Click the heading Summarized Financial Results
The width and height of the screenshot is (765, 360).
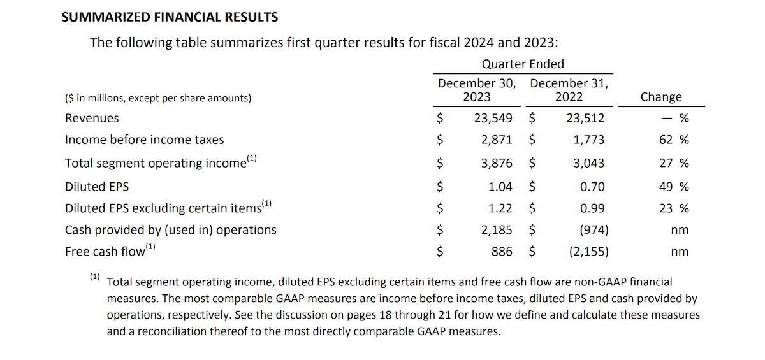pos(170,17)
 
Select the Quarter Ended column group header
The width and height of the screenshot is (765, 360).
pos(523,64)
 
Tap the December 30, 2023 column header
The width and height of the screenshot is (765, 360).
pos(476,90)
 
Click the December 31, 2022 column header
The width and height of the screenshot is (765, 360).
pos(569,90)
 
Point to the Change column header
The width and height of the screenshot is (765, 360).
pos(660,97)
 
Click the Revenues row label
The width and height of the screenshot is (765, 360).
pos(92,118)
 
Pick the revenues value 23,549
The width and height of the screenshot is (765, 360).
pos(493,118)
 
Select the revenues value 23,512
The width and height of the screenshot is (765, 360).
pos(585,118)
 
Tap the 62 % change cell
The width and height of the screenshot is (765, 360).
pos(674,140)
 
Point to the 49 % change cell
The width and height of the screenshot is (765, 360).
pos(674,187)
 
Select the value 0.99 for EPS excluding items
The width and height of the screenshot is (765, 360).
pos(592,208)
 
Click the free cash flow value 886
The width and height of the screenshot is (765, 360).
pos(502,251)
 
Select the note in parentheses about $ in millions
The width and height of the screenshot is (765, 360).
pos(158,98)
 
